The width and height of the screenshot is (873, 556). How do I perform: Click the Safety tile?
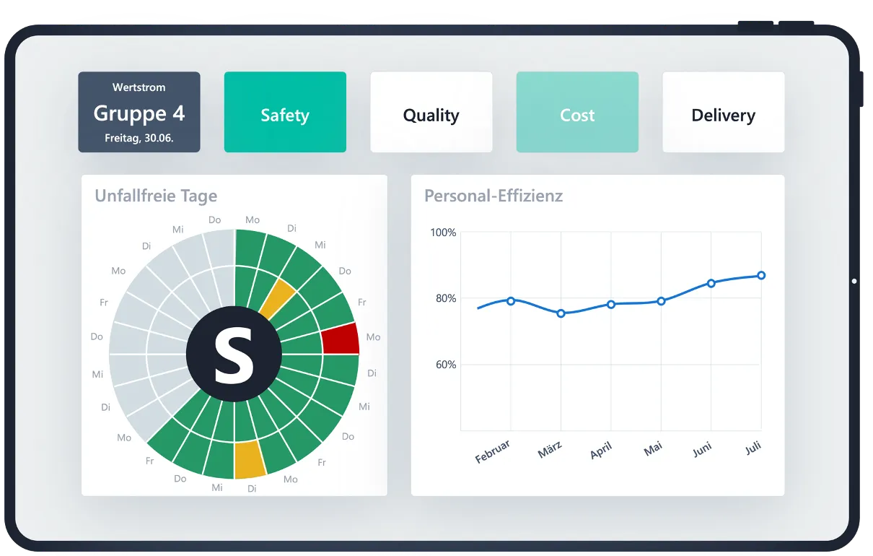[x=285, y=112]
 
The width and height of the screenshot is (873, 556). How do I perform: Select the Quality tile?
[x=431, y=112]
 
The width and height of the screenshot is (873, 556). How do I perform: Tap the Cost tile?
[x=577, y=112]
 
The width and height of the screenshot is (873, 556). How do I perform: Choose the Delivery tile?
[x=723, y=112]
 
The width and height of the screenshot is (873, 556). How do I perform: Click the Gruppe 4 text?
[x=139, y=113]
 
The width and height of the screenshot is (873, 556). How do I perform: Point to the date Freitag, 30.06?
[x=139, y=137]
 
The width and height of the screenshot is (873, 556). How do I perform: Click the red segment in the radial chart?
[x=341, y=339]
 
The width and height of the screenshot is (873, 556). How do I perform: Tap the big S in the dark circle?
[x=234, y=355]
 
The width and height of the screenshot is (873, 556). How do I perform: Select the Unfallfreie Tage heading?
[x=156, y=196]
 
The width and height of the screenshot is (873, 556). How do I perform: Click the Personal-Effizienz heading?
[x=493, y=196]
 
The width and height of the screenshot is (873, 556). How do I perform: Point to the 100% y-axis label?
[x=443, y=233]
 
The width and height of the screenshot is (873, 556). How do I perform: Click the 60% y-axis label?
[x=446, y=365]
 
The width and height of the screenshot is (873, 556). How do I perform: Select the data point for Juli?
[x=761, y=275]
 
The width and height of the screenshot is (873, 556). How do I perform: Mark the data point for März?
[x=561, y=313]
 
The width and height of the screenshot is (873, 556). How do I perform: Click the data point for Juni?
[x=711, y=283]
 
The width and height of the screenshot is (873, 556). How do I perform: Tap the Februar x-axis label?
[x=493, y=451]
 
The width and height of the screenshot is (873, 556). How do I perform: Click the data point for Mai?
[x=661, y=301]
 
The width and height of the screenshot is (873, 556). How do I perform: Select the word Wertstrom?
[x=139, y=87]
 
